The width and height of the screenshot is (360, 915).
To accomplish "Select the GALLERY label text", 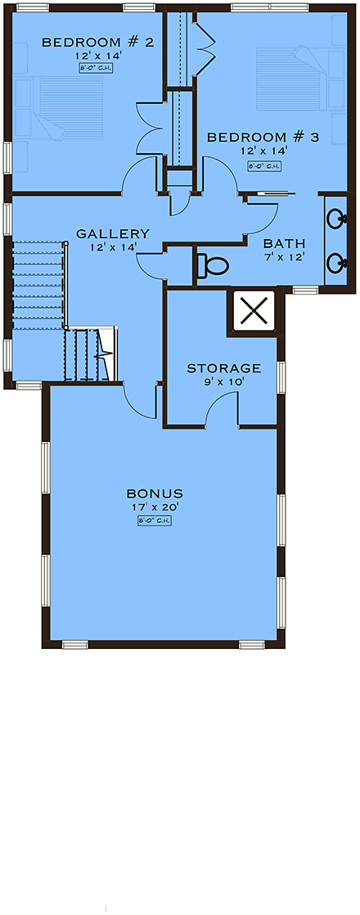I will (113, 233).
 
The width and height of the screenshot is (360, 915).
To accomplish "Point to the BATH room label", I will (285, 243).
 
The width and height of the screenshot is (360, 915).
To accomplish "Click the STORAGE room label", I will (224, 368).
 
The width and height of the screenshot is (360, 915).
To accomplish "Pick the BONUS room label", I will (155, 494).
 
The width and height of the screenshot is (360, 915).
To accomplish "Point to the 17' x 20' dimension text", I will (155, 507).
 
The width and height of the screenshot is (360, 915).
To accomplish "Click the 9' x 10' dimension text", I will (224, 381).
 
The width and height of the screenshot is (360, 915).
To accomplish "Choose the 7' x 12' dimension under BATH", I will (285, 256).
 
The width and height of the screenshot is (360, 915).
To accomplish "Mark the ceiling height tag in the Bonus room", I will (155, 520).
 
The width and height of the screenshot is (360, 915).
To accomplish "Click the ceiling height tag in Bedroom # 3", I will (264, 166).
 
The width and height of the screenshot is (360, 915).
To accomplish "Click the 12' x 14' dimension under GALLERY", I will (113, 246).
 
